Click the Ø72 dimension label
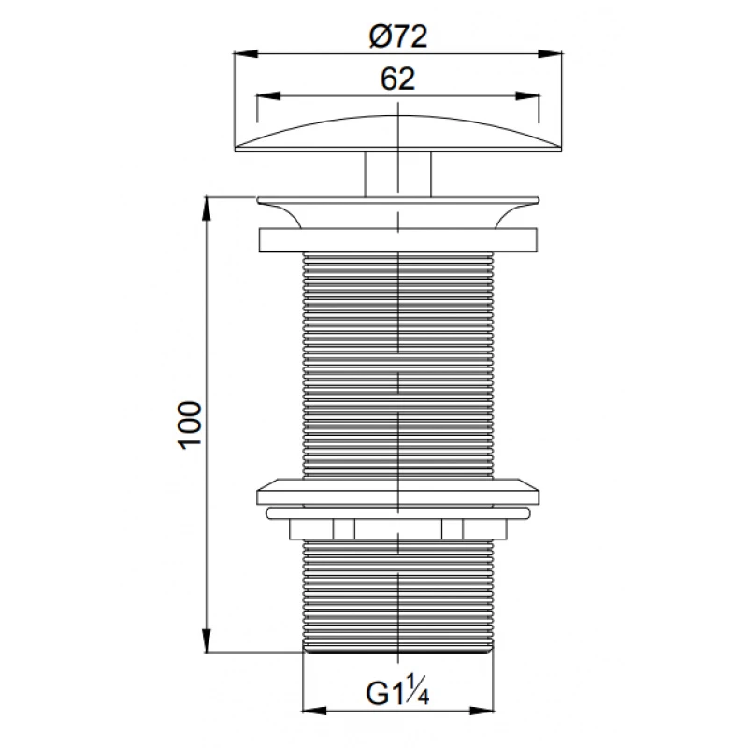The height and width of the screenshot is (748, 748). pyautogui.click(x=398, y=36)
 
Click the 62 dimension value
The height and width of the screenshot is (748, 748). pyautogui.click(x=398, y=79)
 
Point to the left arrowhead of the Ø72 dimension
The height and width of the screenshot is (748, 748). pyautogui.click(x=246, y=53)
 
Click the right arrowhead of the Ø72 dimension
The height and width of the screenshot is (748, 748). pyautogui.click(x=551, y=53)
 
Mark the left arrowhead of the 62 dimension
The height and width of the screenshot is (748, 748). pyautogui.click(x=268, y=96)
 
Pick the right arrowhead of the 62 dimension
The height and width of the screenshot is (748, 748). pyautogui.click(x=527, y=96)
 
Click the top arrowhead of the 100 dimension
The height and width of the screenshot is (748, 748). pyautogui.click(x=206, y=209)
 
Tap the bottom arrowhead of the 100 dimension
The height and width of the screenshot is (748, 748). pyautogui.click(x=206, y=640)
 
